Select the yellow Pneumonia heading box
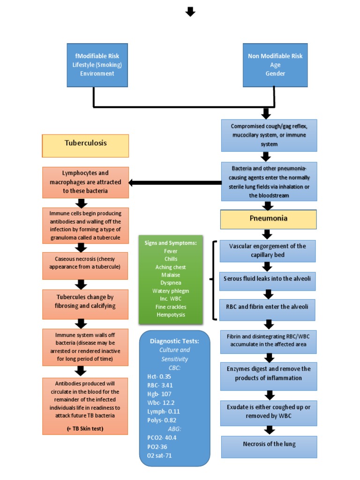point(269,219)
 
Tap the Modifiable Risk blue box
point(97,65)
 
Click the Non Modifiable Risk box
point(275,65)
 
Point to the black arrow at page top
point(190,11)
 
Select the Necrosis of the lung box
point(269,444)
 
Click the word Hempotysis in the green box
point(171,315)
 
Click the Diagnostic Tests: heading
point(174,341)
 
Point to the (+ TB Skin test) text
point(85,429)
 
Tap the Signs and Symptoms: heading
point(171,243)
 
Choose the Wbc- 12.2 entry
point(158,403)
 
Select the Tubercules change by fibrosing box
point(85,301)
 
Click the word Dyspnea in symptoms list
point(171,283)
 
